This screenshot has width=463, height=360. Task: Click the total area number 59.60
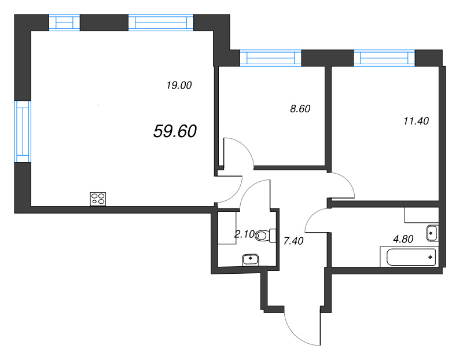[x=175, y=132]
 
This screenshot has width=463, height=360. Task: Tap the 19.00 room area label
[x=178, y=86]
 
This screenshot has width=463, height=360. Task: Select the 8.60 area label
[x=300, y=109]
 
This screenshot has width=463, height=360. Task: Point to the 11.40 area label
[x=415, y=121]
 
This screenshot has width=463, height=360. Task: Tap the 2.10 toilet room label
[x=243, y=234]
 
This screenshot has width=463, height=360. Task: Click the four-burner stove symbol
[x=98, y=199]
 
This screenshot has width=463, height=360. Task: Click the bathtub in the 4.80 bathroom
[x=407, y=256]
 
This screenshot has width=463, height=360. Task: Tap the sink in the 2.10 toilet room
[x=250, y=259]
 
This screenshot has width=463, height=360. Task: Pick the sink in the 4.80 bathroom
[x=431, y=233]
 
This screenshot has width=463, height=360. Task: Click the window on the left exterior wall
[x=22, y=131]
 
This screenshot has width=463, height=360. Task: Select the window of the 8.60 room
[x=271, y=57]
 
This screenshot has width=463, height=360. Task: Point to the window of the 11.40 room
[x=384, y=57]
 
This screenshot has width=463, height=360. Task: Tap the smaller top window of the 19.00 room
[x=64, y=22]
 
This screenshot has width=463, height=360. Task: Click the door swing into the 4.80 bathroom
[x=317, y=220]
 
